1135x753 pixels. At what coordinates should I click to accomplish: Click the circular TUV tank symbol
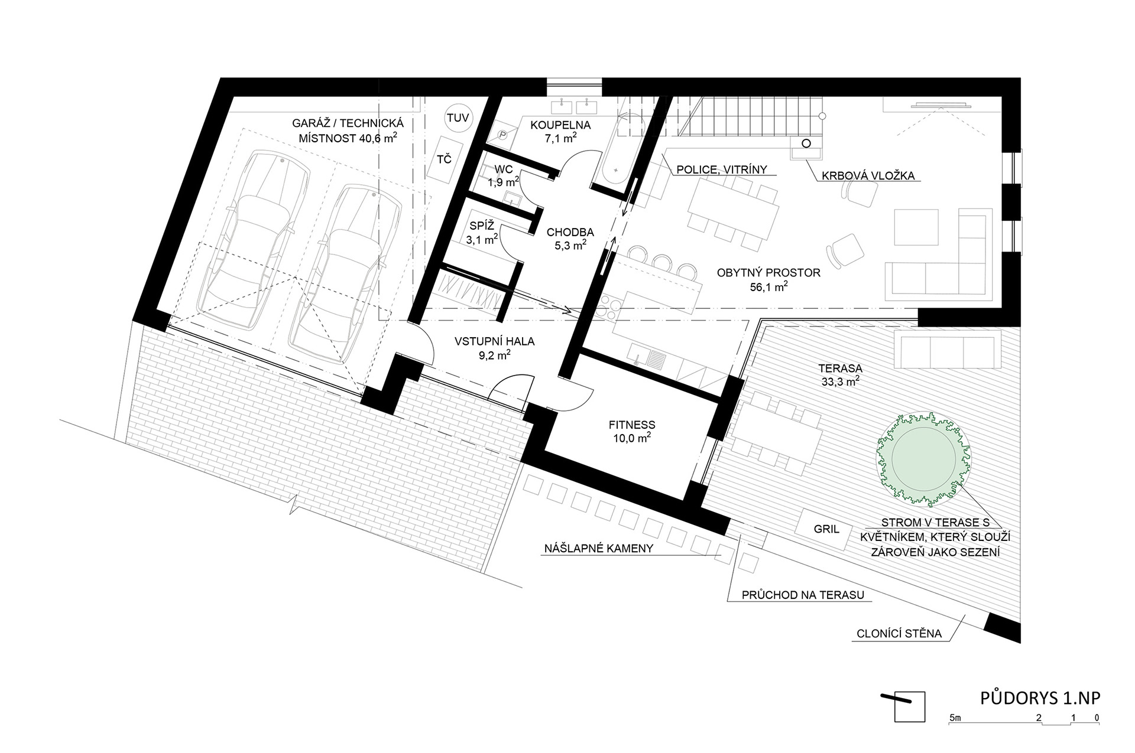pyautogui.click(x=458, y=118)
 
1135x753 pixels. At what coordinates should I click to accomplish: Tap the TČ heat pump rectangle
pyautogui.click(x=445, y=159)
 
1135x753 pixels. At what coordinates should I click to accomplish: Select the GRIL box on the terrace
pyautogui.click(x=826, y=529)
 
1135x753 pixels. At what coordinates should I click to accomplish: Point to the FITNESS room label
pyautogui.click(x=632, y=425)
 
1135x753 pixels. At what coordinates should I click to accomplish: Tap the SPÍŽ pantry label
pyautogui.click(x=482, y=226)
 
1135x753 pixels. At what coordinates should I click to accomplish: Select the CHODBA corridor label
pyautogui.click(x=570, y=232)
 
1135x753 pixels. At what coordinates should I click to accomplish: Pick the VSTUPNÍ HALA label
pyautogui.click(x=494, y=341)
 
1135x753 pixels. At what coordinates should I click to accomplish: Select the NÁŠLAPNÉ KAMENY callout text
pyautogui.click(x=598, y=548)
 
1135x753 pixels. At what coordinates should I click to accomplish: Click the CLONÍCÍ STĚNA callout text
pyautogui.click(x=899, y=634)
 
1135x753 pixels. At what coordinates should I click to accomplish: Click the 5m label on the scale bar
pyautogui.click(x=955, y=718)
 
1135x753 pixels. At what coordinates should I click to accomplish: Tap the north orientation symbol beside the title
pyautogui.click(x=903, y=706)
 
